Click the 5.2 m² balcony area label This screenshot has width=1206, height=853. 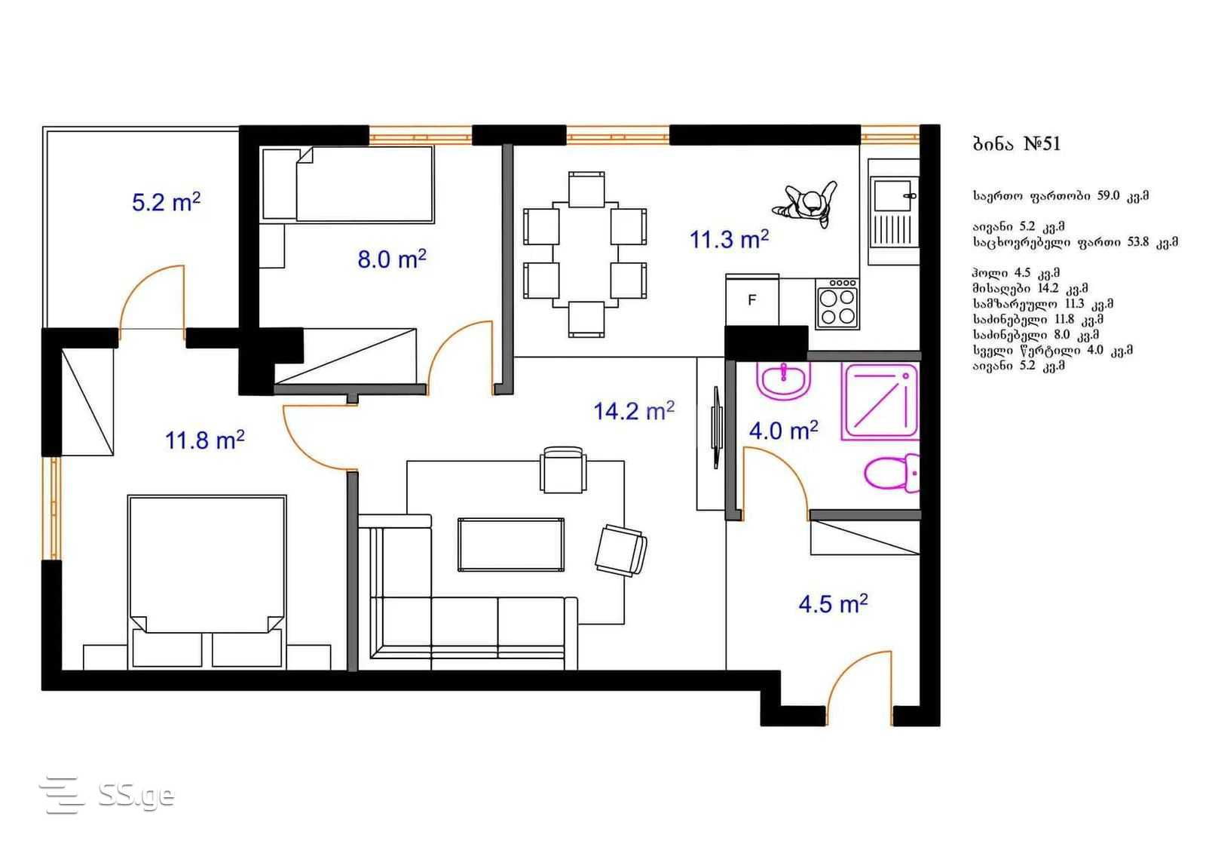point(166,203)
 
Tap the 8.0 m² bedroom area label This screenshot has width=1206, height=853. point(391,259)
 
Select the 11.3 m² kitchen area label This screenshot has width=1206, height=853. point(729,240)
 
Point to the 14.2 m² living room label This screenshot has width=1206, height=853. point(634,411)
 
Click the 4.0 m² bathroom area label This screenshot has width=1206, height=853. point(783,431)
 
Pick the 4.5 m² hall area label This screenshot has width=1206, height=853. point(833,604)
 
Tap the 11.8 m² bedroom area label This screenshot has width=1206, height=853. point(204,440)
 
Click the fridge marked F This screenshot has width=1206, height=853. point(752,299)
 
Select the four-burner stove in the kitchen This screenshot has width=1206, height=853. point(837,303)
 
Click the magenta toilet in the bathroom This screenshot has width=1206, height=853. point(892,473)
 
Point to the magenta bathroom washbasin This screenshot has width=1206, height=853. point(783,381)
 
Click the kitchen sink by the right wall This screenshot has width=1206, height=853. point(893,212)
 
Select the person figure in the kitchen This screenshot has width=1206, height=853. point(806,204)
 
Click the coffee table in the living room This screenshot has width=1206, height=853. point(511,545)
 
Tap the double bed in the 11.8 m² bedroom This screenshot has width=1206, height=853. point(207,581)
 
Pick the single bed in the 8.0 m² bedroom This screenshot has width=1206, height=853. point(347,184)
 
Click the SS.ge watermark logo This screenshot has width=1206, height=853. point(107,795)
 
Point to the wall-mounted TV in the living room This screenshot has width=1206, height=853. point(717,427)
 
